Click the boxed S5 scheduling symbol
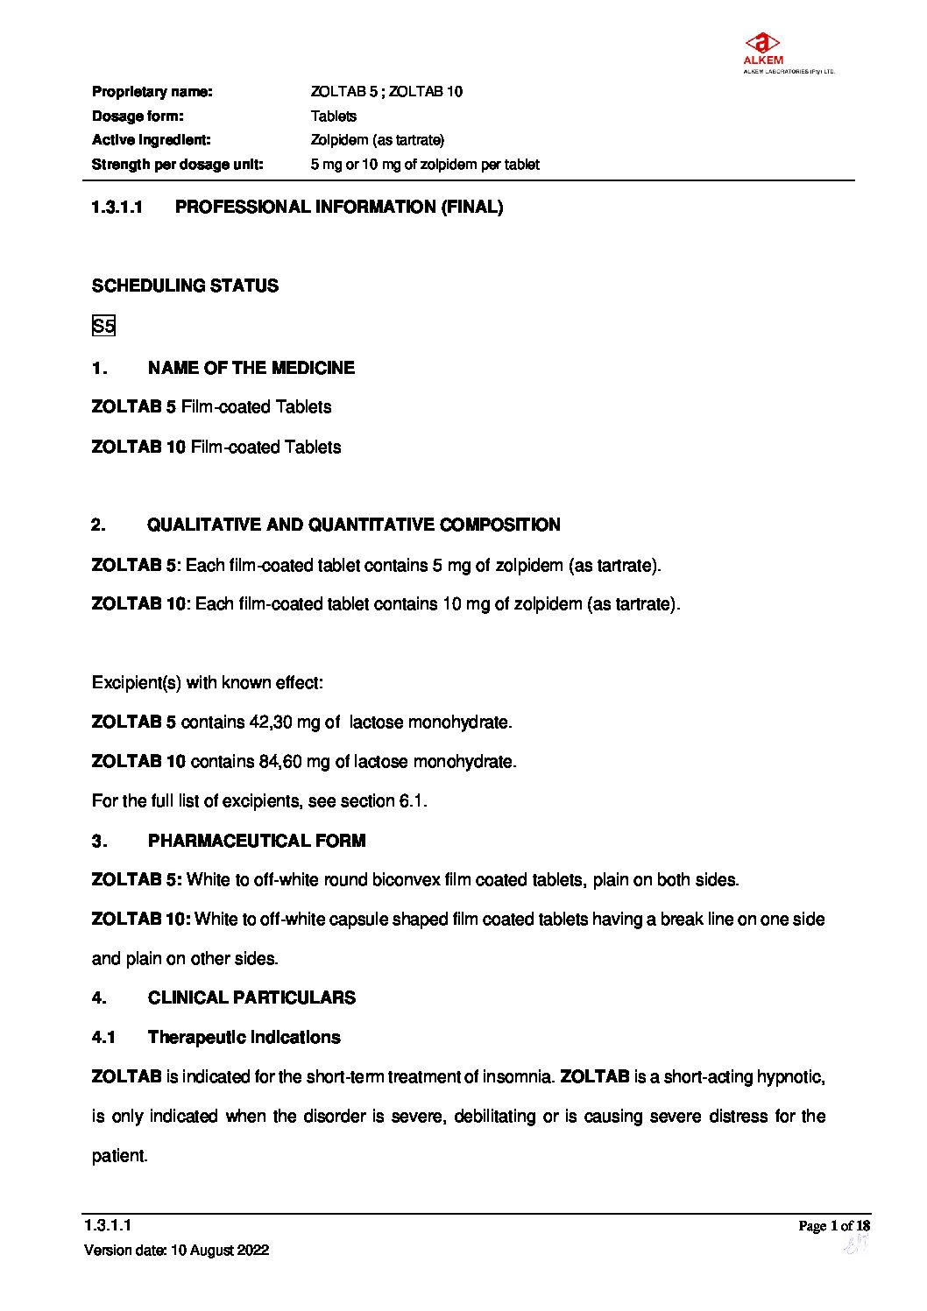(103, 327)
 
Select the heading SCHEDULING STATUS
(185, 286)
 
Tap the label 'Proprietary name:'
(152, 92)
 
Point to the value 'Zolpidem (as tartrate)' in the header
(378, 140)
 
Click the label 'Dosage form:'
(138, 116)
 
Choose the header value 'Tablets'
(334, 116)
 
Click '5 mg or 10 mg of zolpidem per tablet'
(425, 165)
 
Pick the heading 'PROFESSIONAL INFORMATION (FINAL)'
(339, 208)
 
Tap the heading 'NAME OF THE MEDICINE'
(251, 368)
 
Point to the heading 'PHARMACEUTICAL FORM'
(257, 841)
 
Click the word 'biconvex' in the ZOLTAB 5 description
(407, 880)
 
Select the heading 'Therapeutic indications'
(244, 1038)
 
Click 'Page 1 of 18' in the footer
(834, 1226)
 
